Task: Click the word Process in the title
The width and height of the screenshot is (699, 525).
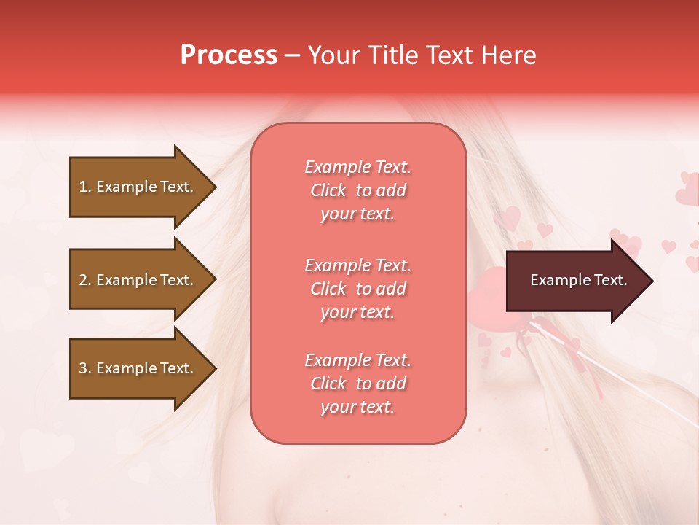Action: click(x=229, y=55)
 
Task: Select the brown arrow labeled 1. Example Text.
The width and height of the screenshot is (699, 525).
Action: click(x=138, y=187)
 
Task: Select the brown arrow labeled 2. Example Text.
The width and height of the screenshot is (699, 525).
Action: click(x=138, y=280)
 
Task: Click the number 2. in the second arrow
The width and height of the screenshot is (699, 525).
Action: click(x=85, y=280)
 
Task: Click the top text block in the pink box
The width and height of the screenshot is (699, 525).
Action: click(x=358, y=190)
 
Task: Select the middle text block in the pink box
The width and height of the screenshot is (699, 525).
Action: click(x=358, y=289)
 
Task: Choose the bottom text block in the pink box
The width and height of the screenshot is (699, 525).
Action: click(x=358, y=384)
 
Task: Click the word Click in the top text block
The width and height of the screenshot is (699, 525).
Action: click(x=328, y=190)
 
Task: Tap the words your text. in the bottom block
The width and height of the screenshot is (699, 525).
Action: click(x=358, y=407)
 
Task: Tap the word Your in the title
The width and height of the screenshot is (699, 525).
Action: click(x=333, y=55)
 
